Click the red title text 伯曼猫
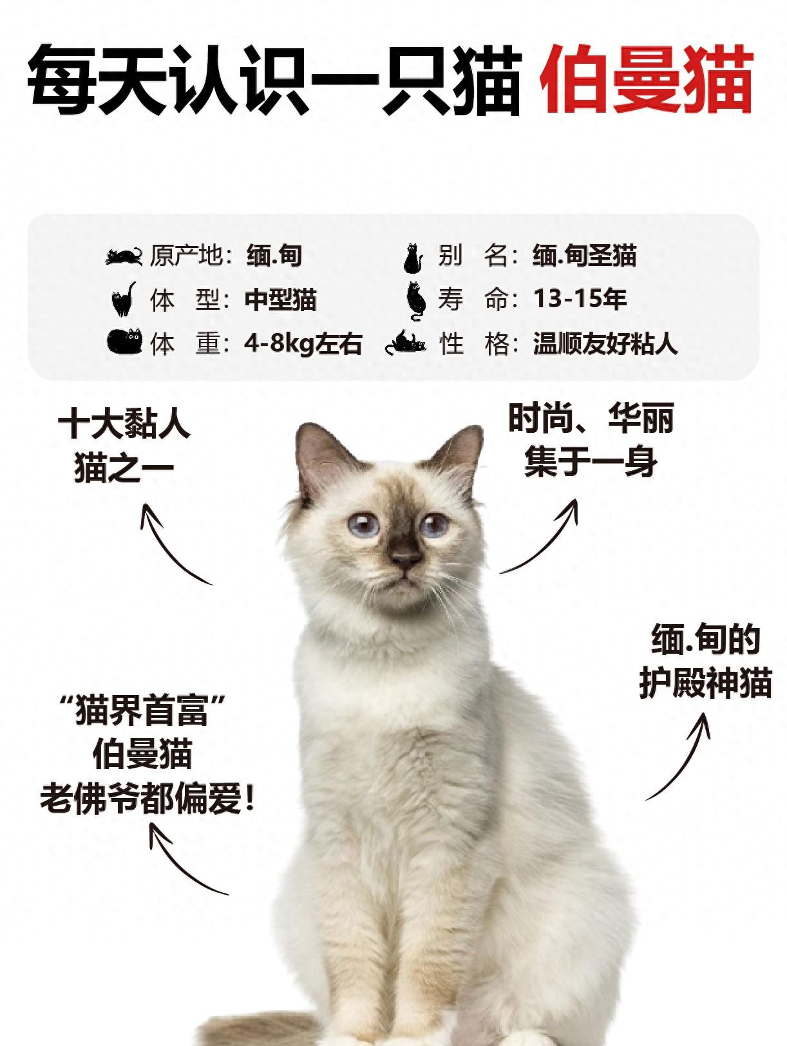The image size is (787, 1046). [646, 79]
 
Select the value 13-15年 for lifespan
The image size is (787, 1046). [580, 299]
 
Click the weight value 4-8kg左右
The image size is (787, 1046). [303, 343]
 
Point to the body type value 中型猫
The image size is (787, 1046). [281, 300]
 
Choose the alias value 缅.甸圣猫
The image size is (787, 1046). [585, 256]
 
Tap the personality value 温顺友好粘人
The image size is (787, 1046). [605, 343]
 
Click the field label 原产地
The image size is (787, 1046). [185, 256]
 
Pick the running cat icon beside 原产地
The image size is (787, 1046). [124, 256]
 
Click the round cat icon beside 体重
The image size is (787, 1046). [124, 341]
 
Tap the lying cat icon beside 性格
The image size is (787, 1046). [406, 342]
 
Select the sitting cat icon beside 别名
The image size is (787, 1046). [413, 258]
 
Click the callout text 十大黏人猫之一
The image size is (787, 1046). [124, 446]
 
